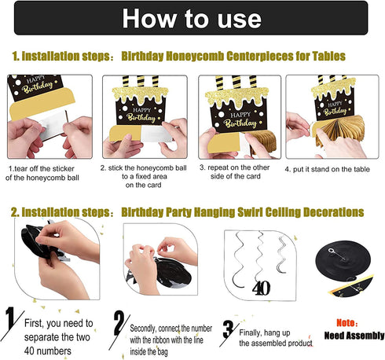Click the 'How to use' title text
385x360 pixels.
[192, 18]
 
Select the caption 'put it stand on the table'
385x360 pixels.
[332, 169]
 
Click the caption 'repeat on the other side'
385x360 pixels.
[235, 171]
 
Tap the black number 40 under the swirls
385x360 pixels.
[261, 288]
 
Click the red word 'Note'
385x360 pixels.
[345, 323]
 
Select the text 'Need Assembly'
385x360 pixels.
[354, 336]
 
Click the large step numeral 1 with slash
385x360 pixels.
[12, 323]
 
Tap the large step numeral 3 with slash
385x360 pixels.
[229, 332]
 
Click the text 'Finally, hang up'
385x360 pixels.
[265, 332]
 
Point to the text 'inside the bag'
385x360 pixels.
[148, 351]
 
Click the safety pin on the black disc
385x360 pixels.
[337, 254]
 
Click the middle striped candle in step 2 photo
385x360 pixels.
[141, 81]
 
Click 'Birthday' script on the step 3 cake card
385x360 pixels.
[240, 123]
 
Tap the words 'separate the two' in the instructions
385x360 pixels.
[57, 337]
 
